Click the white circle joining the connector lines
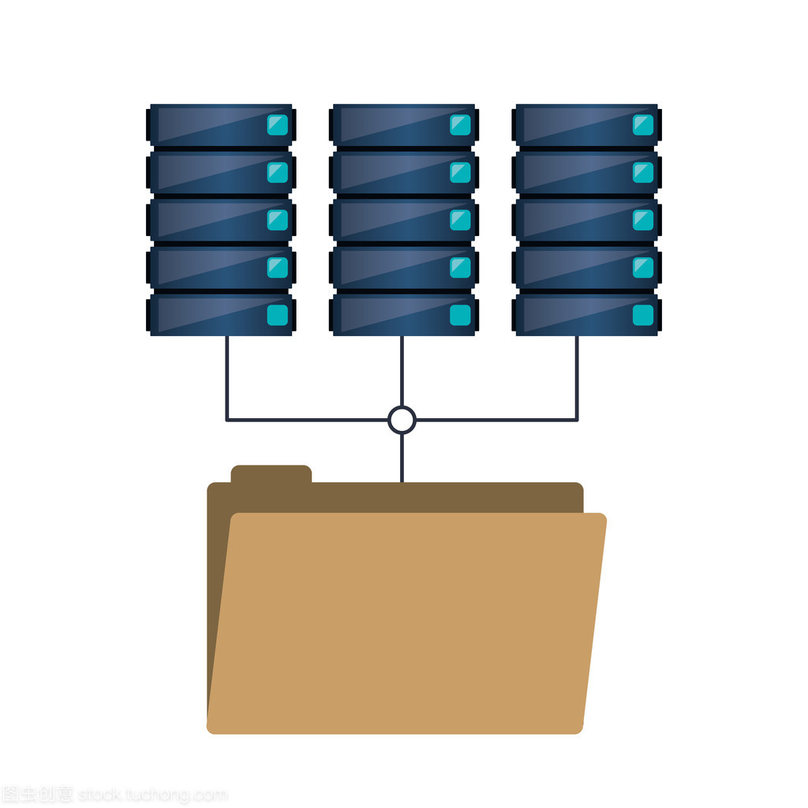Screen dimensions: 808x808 coord(402,420)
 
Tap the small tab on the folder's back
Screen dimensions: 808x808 coord(271,474)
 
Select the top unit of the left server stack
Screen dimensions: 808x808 coord(213,125)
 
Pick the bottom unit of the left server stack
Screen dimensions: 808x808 coord(213,315)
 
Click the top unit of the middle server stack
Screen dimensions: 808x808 coord(395,125)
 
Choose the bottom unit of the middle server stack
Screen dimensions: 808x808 coord(395,315)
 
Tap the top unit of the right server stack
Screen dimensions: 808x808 coord(580,125)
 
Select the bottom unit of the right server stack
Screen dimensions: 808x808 coord(580,315)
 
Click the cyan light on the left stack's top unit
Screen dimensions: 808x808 coord(277,125)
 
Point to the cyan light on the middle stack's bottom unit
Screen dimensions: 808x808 coord(460,315)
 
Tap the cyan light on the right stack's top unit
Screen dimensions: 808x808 coord(643,125)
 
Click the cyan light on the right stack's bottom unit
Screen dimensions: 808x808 coord(643,315)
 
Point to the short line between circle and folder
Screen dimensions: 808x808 coord(402,458)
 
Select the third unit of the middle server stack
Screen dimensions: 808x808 coord(395,219)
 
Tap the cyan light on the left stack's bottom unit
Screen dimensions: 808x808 coord(277,315)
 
